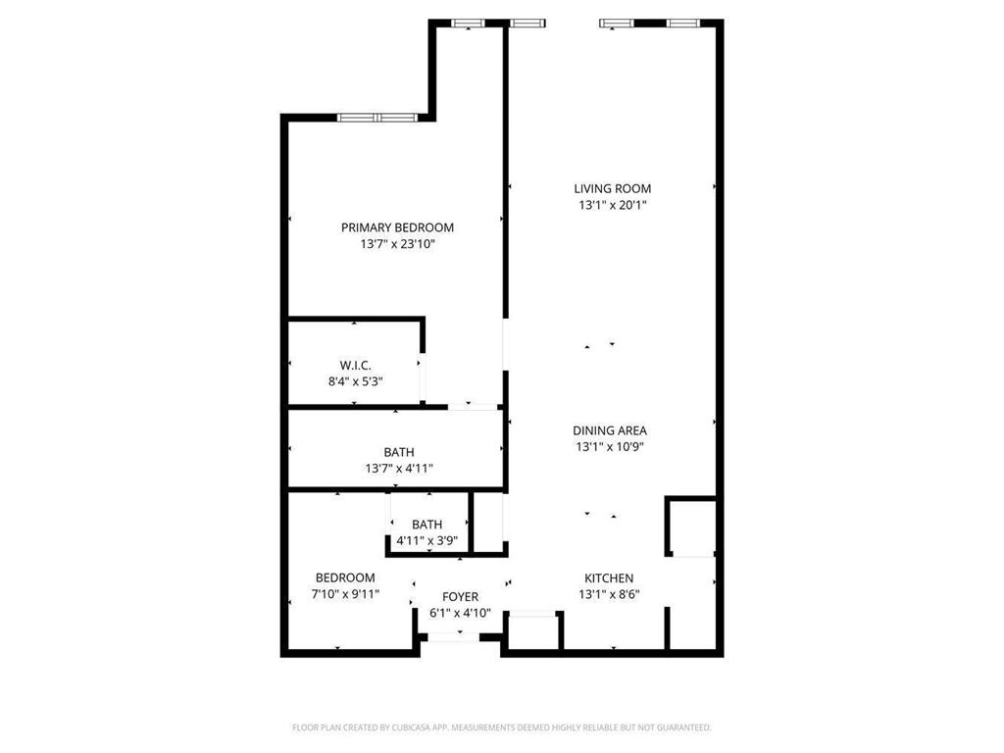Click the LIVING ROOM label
(612, 188)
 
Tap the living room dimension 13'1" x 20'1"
(612, 206)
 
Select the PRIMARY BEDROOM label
(397, 227)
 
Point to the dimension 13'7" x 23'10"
(397, 245)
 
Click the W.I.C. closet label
(355, 365)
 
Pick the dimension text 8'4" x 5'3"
(355, 381)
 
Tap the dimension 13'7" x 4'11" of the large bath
(398, 469)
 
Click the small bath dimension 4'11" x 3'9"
(427, 541)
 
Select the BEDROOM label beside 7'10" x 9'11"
(345, 577)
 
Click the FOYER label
(460, 596)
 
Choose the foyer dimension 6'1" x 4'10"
(460, 614)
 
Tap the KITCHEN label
(609, 578)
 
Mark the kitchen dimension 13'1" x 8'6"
(609, 594)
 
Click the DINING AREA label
(610, 429)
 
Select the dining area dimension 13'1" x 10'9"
(610, 447)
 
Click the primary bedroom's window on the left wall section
(377, 118)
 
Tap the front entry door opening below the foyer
(453, 637)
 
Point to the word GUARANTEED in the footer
(678, 728)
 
